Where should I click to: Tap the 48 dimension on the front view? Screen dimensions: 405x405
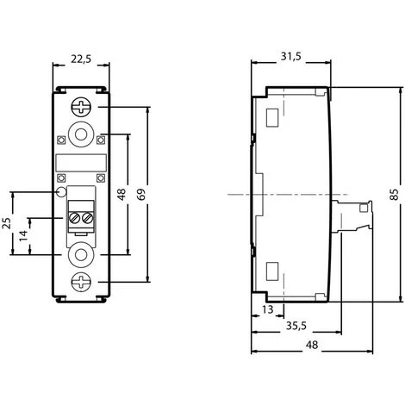click(121, 195)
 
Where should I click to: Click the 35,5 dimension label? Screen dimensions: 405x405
click(296, 326)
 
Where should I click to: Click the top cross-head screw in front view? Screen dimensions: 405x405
click(81, 109)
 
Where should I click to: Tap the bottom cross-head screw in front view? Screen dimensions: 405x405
click(81, 281)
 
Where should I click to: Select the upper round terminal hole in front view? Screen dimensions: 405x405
click(81, 135)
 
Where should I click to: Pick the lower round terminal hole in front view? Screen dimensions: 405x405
click(81, 254)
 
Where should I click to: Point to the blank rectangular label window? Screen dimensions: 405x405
click(81, 162)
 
